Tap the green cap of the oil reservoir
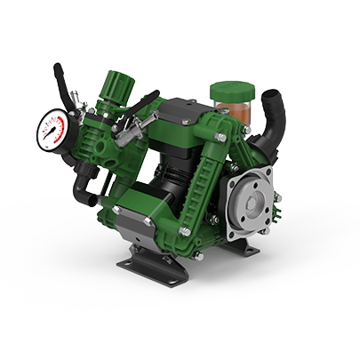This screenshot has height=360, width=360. coord(230,89)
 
